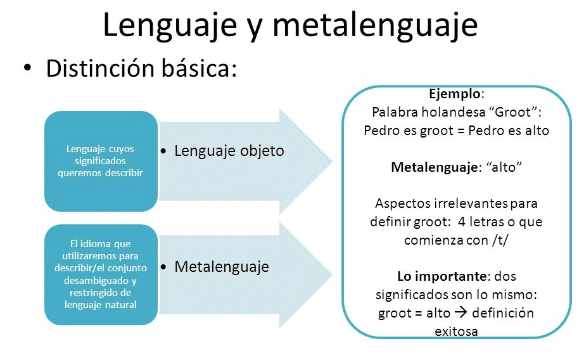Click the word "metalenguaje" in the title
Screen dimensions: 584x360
click(375, 26)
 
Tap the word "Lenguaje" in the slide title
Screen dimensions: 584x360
click(170, 26)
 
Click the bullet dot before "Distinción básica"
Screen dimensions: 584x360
click(27, 68)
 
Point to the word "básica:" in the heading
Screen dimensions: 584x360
click(200, 68)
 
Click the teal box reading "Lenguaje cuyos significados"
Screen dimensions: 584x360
click(101, 161)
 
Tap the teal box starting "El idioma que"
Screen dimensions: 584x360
click(101, 274)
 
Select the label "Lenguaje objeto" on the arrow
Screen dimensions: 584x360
click(229, 151)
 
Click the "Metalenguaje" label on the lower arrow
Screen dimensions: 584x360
click(222, 267)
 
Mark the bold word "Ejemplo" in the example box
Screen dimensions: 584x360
click(455, 94)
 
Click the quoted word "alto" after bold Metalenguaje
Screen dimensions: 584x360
click(504, 167)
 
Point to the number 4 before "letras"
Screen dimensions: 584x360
click(462, 222)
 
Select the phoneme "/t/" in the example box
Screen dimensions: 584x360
click(500, 240)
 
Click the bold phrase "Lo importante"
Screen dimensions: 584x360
click(441, 276)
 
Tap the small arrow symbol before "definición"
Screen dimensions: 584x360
click(461, 312)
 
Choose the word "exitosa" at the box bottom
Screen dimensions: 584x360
click(456, 331)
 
